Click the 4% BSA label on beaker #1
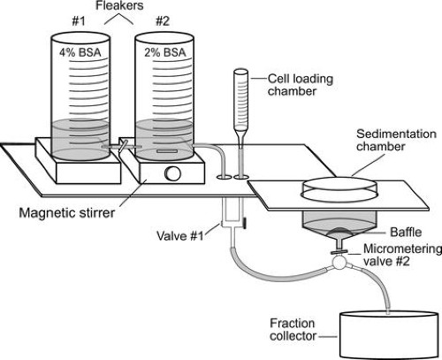[x=80, y=52]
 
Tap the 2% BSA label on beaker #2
[x=165, y=52]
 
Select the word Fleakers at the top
[x=119, y=5]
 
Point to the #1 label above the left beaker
[x=79, y=21]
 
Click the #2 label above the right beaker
[x=163, y=21]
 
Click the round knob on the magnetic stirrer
[x=172, y=174]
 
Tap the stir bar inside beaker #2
[x=167, y=151]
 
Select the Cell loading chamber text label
[x=301, y=85]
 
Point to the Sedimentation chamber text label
[x=396, y=140]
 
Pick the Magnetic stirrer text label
[x=67, y=212]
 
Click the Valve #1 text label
[x=180, y=236]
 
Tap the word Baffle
[x=406, y=233]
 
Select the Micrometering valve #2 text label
[x=402, y=255]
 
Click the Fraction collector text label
[x=293, y=330]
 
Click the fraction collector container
[x=389, y=335]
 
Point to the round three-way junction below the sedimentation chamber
[x=339, y=263]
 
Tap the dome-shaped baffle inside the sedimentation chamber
[x=339, y=232]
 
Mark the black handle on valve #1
[x=245, y=223]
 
